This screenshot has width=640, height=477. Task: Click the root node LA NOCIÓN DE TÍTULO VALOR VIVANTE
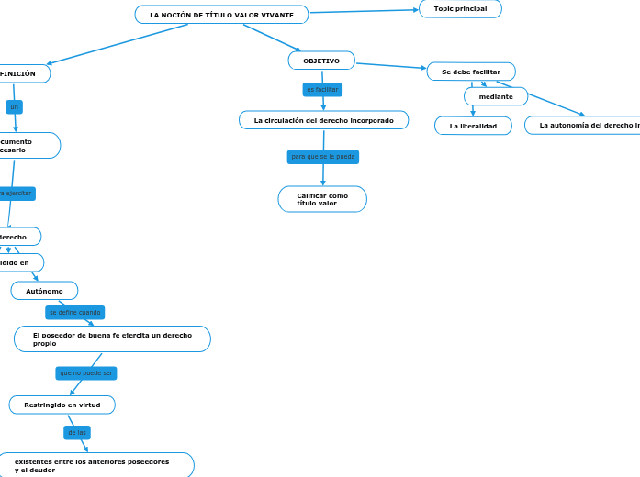coord(221,15)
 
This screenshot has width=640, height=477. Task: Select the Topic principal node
coord(460,8)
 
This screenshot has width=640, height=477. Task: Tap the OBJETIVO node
coord(321,61)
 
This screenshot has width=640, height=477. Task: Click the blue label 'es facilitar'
coord(322,89)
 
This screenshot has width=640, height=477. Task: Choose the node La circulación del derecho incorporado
coord(323,120)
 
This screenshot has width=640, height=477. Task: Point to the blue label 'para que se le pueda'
coord(322,157)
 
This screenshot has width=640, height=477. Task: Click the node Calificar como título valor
coord(322,199)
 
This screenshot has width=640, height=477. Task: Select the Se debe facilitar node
coord(471,72)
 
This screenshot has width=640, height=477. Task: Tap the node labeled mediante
coord(496,96)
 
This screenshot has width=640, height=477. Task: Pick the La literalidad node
coord(473,126)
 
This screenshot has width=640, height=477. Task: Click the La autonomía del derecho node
coord(584,125)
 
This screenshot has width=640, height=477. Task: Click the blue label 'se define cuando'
coord(74,313)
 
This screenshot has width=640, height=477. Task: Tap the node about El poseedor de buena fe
coord(112,339)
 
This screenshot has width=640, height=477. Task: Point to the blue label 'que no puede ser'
coord(86,373)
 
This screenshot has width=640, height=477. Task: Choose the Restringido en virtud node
coord(62,405)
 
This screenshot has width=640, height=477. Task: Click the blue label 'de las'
coord(77,432)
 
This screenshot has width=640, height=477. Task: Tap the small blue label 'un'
coord(14,107)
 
